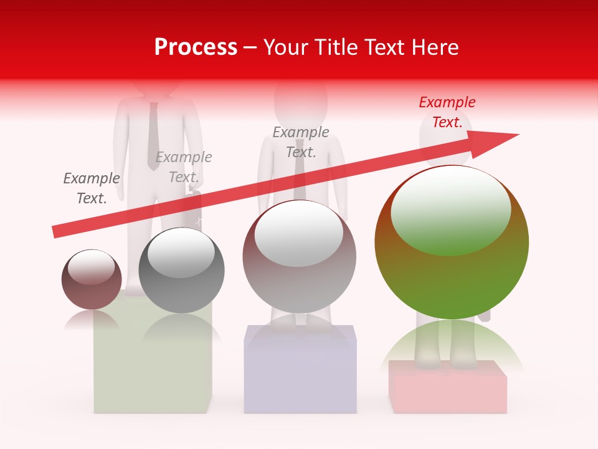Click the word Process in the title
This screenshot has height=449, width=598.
pyautogui.click(x=196, y=47)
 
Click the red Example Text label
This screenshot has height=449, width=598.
pyautogui.click(x=447, y=112)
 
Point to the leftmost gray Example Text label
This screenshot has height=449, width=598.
pyautogui.click(x=92, y=188)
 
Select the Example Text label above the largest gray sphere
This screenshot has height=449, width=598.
pyautogui.click(x=301, y=142)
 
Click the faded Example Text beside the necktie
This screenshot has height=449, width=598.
pyautogui.click(x=184, y=167)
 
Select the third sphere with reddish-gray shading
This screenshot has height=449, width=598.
pyautogui.click(x=299, y=257)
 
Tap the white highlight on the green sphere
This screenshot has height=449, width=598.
pyautogui.click(x=450, y=209)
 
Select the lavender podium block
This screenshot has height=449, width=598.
pyautogui.click(x=300, y=374)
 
